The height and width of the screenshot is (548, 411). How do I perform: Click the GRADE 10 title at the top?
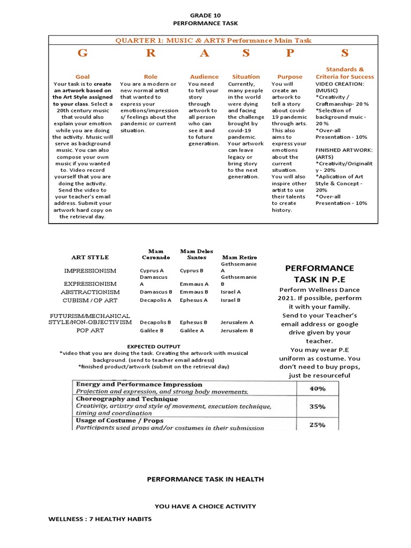point(205,16)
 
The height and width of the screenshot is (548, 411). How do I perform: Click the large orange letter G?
point(82,53)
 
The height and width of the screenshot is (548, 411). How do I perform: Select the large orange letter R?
point(151,53)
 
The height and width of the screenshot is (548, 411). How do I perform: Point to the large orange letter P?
point(290,53)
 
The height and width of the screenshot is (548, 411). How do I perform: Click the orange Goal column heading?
point(82,77)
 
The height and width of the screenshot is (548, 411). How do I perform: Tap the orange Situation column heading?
point(246,77)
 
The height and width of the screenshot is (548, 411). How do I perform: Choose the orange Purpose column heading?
point(290,77)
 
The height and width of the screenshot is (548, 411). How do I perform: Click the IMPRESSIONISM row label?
point(90,271)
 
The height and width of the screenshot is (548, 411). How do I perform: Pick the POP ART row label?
point(90,331)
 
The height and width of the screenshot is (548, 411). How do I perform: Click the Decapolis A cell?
point(155,301)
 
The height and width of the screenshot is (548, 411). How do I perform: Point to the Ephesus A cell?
point(194,301)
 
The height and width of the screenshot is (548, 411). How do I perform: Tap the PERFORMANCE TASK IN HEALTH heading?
point(205,479)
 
